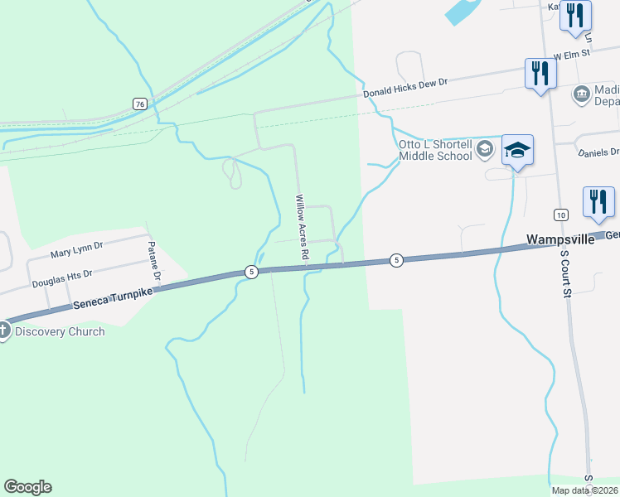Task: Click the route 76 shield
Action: [x=139, y=104]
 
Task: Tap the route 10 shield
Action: [x=561, y=215]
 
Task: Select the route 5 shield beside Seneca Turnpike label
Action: [x=250, y=272]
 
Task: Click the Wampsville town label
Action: [x=561, y=239]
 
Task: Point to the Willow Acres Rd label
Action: [x=302, y=229]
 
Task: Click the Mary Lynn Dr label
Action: [x=76, y=245]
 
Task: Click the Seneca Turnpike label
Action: [x=114, y=296]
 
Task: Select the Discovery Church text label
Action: [x=59, y=332]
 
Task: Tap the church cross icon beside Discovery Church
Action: [x=3, y=331]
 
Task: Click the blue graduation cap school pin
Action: [x=517, y=150]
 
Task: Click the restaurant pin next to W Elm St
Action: [x=540, y=73]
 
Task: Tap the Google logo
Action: [x=27, y=487]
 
